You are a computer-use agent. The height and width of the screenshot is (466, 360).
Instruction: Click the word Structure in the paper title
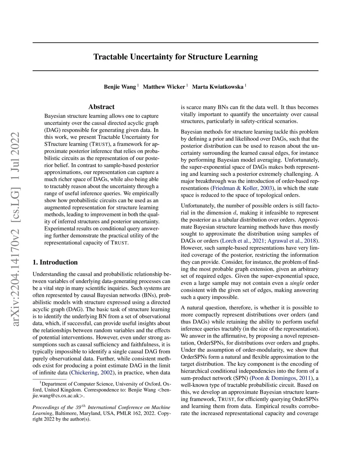203,57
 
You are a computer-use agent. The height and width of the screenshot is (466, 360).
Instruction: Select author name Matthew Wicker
164,87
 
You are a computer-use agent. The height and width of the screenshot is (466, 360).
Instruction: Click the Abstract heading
101,107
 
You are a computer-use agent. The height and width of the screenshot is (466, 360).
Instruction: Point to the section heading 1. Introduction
55,262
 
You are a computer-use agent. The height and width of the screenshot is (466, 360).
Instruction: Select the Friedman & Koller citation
235,188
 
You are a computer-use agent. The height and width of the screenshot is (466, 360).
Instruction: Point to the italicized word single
297,283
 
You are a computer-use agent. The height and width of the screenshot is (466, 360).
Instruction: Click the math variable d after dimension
235,213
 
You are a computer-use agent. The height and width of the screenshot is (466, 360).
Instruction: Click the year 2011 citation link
305,378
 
